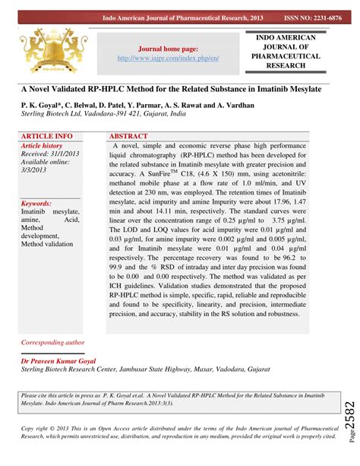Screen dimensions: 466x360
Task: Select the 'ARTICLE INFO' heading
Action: coord(47,135)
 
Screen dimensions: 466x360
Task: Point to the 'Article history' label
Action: coord(42,144)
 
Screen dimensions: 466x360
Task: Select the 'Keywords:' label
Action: coord(36,204)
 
